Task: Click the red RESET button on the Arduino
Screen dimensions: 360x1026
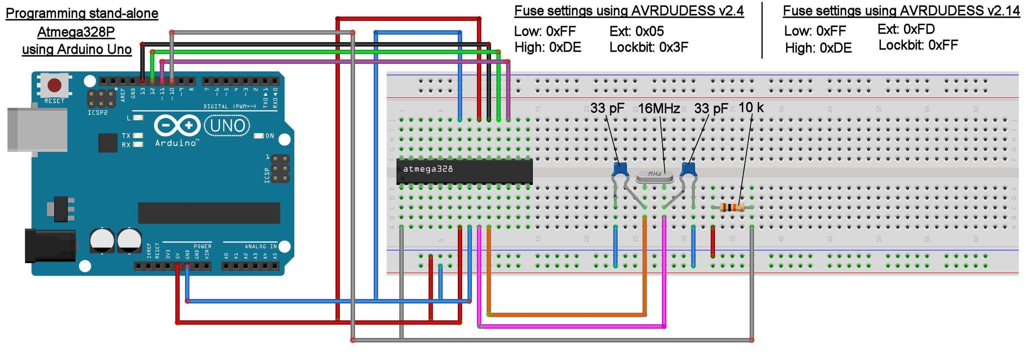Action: point(54,85)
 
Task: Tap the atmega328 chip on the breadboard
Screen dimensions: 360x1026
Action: point(464,171)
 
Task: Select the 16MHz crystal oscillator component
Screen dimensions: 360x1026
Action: point(655,175)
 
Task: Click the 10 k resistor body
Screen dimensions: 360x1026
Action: point(732,208)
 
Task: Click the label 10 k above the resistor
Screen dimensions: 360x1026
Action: point(751,108)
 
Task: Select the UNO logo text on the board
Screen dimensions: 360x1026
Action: point(227,126)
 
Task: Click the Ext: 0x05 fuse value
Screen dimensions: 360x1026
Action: point(637,31)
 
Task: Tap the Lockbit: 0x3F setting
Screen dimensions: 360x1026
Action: point(649,47)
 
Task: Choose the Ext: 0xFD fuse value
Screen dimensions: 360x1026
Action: point(906,29)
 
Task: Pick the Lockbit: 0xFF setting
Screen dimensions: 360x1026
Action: point(918,45)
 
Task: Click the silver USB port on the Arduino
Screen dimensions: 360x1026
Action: point(37,130)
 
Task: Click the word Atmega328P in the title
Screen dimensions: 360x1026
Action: point(76,32)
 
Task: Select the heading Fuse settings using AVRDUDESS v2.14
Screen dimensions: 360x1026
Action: point(901,11)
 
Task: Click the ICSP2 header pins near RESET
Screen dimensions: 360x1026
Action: point(101,98)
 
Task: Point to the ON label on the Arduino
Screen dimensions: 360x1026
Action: point(269,136)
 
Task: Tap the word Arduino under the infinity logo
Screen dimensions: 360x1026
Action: point(176,143)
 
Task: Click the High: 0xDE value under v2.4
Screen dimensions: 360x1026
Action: point(548,47)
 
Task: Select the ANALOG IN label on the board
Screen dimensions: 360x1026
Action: point(260,246)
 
